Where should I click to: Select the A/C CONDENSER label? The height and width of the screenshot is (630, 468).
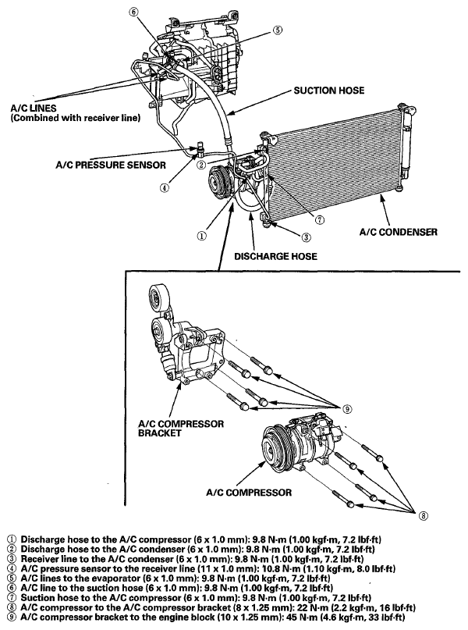pos(395,232)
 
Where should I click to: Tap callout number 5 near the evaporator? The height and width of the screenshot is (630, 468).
pos(278,30)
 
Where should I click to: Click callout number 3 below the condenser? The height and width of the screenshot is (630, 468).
pos(306,237)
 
